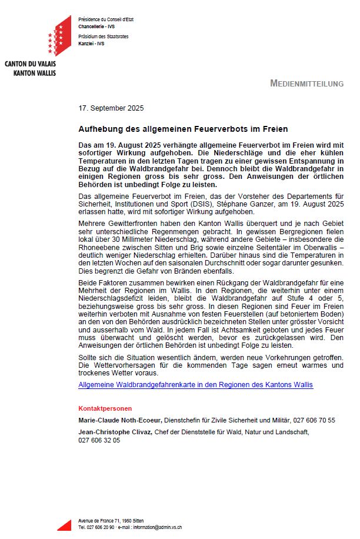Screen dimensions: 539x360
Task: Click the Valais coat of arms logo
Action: coord(59,36)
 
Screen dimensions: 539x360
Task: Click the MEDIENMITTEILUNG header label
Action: coord(306,84)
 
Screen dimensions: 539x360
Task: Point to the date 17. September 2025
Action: coord(111,108)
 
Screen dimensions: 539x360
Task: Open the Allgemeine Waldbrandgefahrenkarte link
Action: coord(195,385)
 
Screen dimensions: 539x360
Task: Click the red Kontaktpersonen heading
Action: coord(105,408)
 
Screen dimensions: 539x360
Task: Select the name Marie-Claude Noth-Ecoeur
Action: coord(120,420)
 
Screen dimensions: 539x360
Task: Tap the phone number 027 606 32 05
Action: coord(99,440)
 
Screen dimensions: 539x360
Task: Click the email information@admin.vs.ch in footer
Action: coord(156,528)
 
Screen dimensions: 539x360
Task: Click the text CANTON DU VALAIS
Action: coord(30,64)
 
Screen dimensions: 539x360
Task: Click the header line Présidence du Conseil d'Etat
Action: coord(106,19)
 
